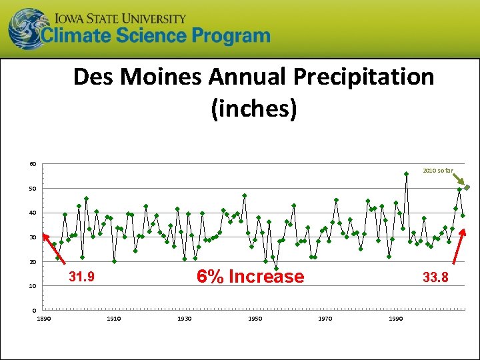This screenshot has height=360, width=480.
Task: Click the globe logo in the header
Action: [x=27, y=29]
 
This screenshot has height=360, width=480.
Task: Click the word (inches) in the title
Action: [x=253, y=108]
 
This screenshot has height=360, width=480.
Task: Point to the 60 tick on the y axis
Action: [x=33, y=165]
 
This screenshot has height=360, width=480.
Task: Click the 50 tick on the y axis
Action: [x=33, y=189]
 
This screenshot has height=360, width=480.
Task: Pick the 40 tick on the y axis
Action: [x=33, y=213]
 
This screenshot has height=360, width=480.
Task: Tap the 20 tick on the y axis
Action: [x=33, y=262]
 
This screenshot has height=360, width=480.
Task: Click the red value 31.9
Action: [x=81, y=277]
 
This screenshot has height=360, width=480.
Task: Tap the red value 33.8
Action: [x=435, y=277]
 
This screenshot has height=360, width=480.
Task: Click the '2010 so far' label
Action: [x=437, y=171]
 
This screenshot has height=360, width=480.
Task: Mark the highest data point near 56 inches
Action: [x=406, y=174]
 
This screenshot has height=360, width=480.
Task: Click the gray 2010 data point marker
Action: [x=467, y=187]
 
